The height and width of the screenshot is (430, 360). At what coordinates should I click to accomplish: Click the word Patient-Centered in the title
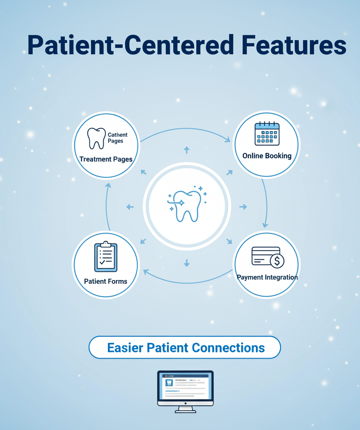pyautogui.click(x=130, y=45)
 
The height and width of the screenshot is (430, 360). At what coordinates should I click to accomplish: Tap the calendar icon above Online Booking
pyautogui.click(x=267, y=134)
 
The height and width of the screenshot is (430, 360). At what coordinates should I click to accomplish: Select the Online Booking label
pyautogui.click(x=267, y=156)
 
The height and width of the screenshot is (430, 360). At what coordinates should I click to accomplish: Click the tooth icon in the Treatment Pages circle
pyautogui.click(x=96, y=138)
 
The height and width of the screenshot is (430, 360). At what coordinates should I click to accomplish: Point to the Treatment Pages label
pyautogui.click(x=106, y=159)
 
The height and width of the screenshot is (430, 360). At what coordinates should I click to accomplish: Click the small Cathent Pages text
pyautogui.click(x=117, y=138)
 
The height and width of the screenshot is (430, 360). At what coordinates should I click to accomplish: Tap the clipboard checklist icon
pyautogui.click(x=106, y=257)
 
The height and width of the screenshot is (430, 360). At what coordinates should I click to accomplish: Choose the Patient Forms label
pyautogui.click(x=106, y=281)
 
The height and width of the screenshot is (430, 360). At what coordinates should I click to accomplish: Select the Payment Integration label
pyautogui.click(x=267, y=277)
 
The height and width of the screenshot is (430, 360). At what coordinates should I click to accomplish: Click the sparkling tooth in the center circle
pyautogui.click(x=187, y=206)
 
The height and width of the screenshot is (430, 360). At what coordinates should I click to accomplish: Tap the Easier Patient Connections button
pyautogui.click(x=185, y=348)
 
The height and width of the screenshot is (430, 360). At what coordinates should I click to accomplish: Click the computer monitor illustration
pyautogui.click(x=185, y=391)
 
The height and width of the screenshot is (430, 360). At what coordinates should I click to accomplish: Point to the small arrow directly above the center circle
pyautogui.click(x=187, y=150)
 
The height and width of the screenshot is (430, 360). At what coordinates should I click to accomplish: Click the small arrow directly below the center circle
pyautogui.click(x=187, y=263)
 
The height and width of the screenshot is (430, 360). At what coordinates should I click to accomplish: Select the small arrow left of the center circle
pyautogui.click(x=130, y=207)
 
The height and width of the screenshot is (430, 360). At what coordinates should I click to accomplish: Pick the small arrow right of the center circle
pyautogui.click(x=243, y=207)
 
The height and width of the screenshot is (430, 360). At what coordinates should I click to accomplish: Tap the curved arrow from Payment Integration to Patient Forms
pyautogui.click(x=187, y=282)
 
